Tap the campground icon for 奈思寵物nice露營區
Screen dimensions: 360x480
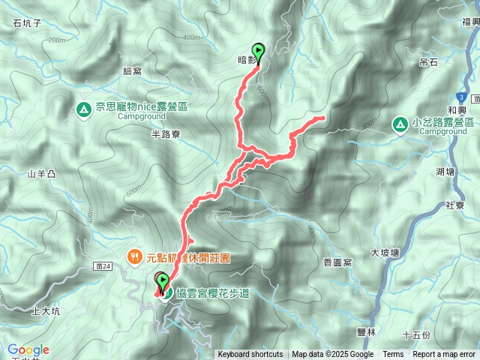click(82, 110)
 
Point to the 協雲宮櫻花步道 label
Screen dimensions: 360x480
click(213, 292)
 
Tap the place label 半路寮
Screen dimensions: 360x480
click(166, 134)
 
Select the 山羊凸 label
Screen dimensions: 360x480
click(42, 175)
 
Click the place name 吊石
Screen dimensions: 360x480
click(428, 62)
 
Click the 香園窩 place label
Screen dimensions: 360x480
click(337, 262)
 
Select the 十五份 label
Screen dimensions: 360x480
click(416, 334)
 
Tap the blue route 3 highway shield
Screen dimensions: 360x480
click(460, 97)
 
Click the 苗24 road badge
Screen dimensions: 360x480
click(103, 265)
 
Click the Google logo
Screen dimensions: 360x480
click(28, 349)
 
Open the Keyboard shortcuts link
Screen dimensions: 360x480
click(250, 355)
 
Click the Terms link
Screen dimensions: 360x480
click(393, 355)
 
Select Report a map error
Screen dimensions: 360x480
click(445, 355)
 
